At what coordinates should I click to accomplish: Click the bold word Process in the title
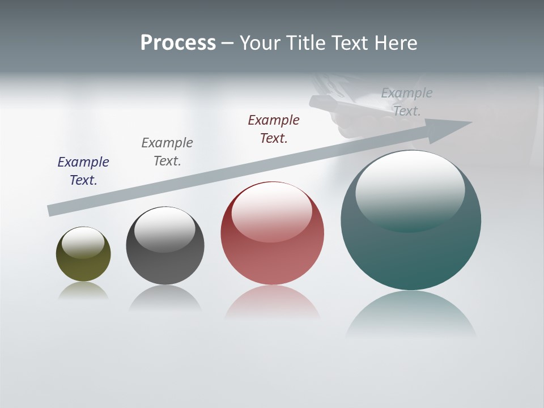178,43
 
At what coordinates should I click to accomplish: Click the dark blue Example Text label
83,171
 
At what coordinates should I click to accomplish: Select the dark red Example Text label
274,129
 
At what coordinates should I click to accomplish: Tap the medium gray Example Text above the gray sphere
167,151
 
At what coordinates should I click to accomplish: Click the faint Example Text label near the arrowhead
407,101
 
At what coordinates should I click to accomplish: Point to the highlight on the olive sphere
83,241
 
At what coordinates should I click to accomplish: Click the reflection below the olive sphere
83,290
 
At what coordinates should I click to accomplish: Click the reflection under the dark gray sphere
165,297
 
